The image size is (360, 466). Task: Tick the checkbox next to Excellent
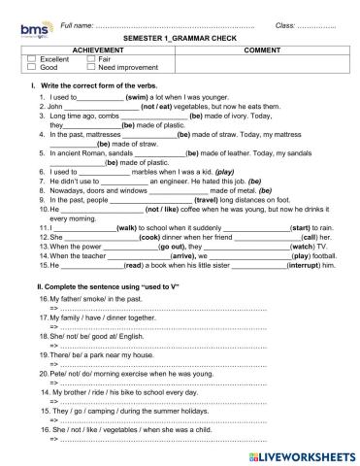tap(32, 60)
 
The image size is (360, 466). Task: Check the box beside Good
tap(32, 69)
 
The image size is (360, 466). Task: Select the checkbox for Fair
tap(90, 60)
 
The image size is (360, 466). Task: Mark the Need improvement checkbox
tap(90, 69)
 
